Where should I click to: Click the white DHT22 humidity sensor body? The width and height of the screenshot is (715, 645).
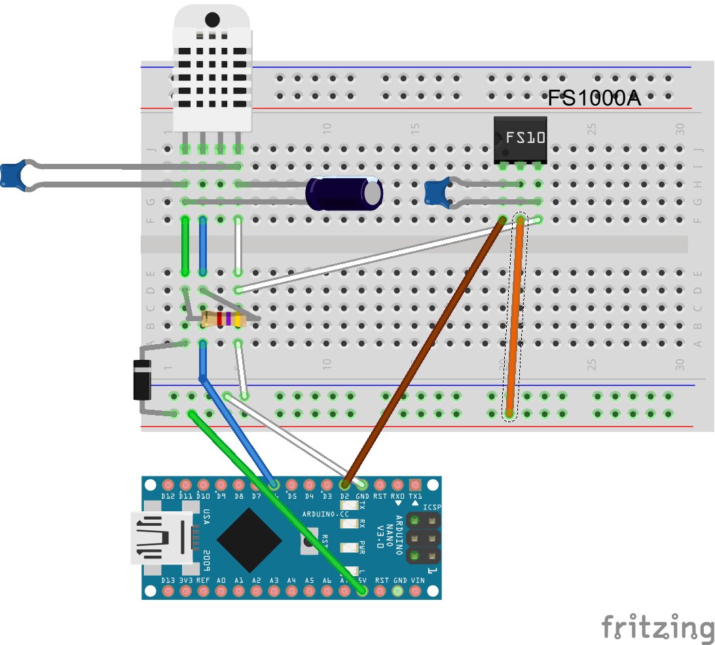pyautogui.click(x=211, y=69)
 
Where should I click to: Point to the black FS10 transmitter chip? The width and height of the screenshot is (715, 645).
pyautogui.click(x=520, y=138)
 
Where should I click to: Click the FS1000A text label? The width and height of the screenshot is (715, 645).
pyautogui.click(x=594, y=98)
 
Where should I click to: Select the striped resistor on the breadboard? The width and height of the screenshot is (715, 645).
pyautogui.click(x=223, y=319)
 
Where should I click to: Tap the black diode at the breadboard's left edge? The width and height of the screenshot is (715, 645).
pyautogui.click(x=142, y=380)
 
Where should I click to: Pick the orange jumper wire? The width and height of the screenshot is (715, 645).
pyautogui.click(x=515, y=315)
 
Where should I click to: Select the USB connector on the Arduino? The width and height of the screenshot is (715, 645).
pyautogui.click(x=160, y=537)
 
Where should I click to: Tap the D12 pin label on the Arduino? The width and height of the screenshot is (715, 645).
pyautogui.click(x=168, y=496)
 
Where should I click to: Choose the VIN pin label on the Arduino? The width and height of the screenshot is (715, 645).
pyautogui.click(x=417, y=581)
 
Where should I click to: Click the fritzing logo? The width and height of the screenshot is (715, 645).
pyautogui.click(x=657, y=627)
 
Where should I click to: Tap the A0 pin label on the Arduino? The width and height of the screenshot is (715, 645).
pyautogui.click(x=221, y=581)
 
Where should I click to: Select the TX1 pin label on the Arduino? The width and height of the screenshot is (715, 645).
pyautogui.click(x=415, y=496)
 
